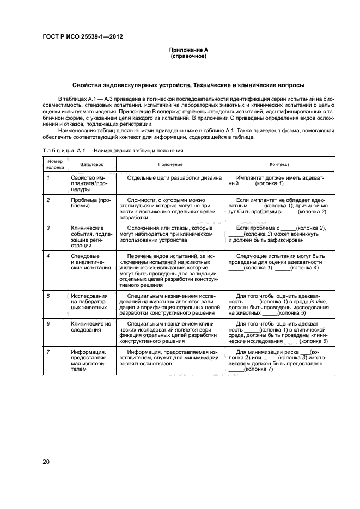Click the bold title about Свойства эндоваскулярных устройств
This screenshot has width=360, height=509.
tap(188, 85)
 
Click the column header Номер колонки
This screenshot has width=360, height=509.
tap(55, 164)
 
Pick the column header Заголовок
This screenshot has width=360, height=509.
tap(91, 164)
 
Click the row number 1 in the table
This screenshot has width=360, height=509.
tap(48, 178)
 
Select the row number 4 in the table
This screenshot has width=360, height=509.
tap(48, 256)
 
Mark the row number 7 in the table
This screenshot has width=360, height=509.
tap(48, 352)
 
